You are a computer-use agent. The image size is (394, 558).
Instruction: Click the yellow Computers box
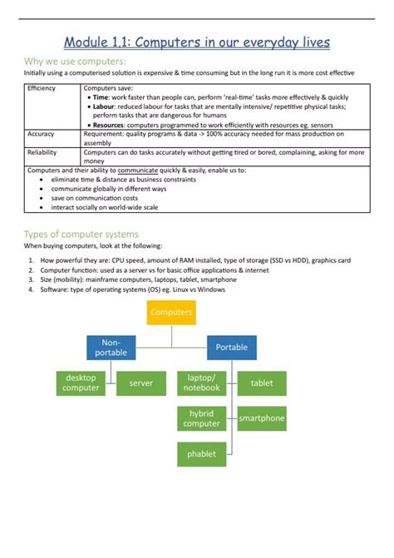click(171, 313)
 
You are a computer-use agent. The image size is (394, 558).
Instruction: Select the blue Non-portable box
click(111, 348)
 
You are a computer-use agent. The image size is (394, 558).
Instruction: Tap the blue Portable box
click(231, 348)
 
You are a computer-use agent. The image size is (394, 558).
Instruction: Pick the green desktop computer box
click(81, 383)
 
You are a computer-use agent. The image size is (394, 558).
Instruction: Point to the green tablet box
click(262, 383)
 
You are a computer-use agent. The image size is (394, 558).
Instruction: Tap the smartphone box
click(262, 418)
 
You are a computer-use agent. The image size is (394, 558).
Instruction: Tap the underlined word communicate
click(129, 170)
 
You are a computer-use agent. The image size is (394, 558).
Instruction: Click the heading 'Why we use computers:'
click(76, 62)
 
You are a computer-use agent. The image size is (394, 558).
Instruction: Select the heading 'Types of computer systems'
click(81, 234)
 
